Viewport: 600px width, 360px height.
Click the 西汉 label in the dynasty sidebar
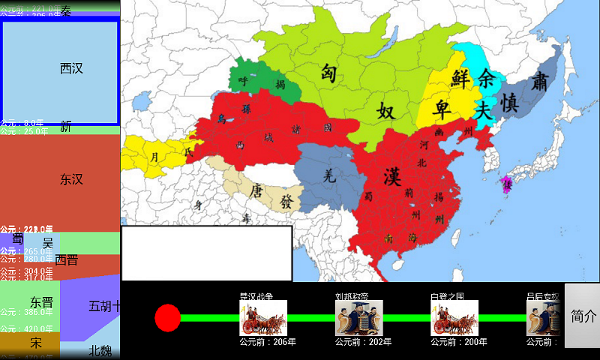[x=71, y=69]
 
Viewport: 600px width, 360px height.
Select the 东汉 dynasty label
[x=71, y=179]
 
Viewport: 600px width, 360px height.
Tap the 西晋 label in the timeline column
[x=66, y=260]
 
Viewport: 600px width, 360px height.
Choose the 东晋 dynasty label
[x=42, y=303]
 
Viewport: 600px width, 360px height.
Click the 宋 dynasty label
[x=36, y=343]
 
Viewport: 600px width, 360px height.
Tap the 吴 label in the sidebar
[x=48, y=244]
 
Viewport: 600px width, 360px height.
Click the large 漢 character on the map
[x=391, y=178]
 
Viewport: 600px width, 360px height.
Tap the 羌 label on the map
[x=328, y=177]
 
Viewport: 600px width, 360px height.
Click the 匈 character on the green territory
[x=328, y=73]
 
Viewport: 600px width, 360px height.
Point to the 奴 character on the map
[x=385, y=112]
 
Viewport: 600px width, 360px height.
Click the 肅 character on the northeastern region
[x=538, y=80]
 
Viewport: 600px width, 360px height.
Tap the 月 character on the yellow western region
[x=155, y=157]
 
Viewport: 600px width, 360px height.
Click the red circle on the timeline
[x=168, y=318]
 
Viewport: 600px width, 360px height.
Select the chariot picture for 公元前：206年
[x=263, y=318]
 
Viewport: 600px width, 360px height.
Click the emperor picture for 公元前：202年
[x=359, y=318]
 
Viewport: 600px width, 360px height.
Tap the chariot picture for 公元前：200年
[x=454, y=318]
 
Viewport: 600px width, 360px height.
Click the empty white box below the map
[x=206, y=253]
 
